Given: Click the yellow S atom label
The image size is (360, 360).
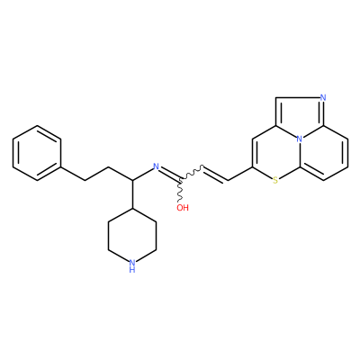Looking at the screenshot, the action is pos(275,180).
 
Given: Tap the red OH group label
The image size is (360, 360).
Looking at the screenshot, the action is pos(183,208).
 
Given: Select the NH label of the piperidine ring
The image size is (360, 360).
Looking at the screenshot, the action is pos(132,265).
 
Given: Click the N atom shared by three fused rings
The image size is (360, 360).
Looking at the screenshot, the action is pos(299,139).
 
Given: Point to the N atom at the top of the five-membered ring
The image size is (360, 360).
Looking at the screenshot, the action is pos(323,97).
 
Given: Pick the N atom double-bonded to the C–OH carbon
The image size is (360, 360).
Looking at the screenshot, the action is pos(156,166).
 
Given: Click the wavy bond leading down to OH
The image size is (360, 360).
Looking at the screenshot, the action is pos(181,192).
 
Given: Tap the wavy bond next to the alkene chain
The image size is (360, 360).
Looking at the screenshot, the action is pos(193,173).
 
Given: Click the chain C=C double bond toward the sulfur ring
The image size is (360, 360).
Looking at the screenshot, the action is pos(216,173).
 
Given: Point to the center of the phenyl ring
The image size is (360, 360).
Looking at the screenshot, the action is pos(37,153).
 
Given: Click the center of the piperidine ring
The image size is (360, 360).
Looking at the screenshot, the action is pos(132,236).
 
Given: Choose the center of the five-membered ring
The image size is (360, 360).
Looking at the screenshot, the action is pos(301,116).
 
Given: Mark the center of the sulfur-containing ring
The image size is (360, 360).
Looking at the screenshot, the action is pos(276,153).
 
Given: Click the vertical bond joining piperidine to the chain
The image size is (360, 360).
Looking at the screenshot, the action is pos(132,194).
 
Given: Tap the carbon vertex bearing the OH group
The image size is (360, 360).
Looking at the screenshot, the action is pos(181,180).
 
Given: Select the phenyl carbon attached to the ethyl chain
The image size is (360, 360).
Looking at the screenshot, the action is pos(61,166).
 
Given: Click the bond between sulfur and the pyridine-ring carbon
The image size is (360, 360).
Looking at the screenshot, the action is pos(289,174).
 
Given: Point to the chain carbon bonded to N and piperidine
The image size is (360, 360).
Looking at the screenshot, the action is pos(132,181).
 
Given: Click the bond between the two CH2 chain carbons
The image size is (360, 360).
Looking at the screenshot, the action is pos(96,174).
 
